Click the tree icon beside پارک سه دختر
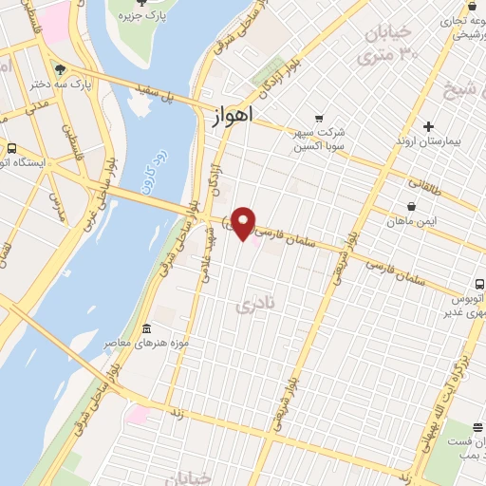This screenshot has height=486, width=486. pyautogui.click(x=61, y=70)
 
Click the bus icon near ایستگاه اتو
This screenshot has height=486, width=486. pyautogui.click(x=11, y=148)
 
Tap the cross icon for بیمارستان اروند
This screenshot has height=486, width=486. pyautogui.click(x=429, y=126)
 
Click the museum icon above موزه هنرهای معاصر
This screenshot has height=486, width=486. pyautogui.click(x=145, y=329)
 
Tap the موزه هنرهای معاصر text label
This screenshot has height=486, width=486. pyautogui.click(x=162, y=343)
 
